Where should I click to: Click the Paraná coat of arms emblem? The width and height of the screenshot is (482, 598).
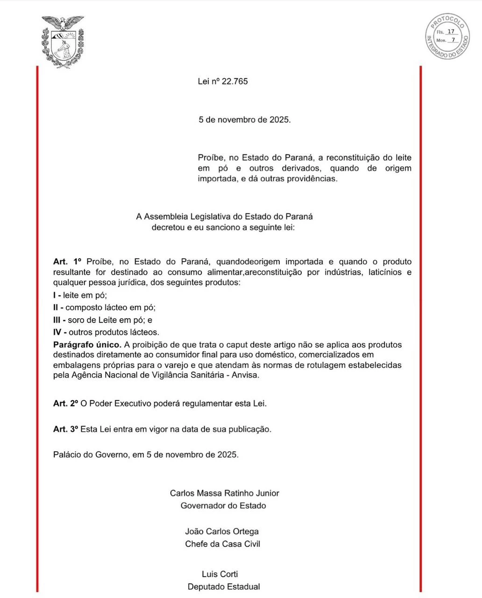tap(63, 42)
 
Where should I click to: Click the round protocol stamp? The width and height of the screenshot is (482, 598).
tap(447, 36)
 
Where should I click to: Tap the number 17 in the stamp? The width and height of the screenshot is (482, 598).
tap(451, 32)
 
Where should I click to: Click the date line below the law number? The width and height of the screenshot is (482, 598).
tap(245, 120)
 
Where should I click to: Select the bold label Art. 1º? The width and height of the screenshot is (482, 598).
tap(68, 262)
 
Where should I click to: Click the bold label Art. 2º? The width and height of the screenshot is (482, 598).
tap(65, 404)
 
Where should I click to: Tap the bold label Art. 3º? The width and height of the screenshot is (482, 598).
tap(65, 429)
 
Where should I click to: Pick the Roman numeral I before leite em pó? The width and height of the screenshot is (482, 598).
tap(54, 295)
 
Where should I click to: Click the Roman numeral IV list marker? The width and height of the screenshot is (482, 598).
tap(57, 333)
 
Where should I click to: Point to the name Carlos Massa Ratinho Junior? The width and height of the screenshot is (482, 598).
tap(224, 493)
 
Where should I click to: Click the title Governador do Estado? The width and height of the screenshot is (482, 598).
tap(223, 505)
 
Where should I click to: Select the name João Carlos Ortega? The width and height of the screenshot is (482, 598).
tap(222, 531)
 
